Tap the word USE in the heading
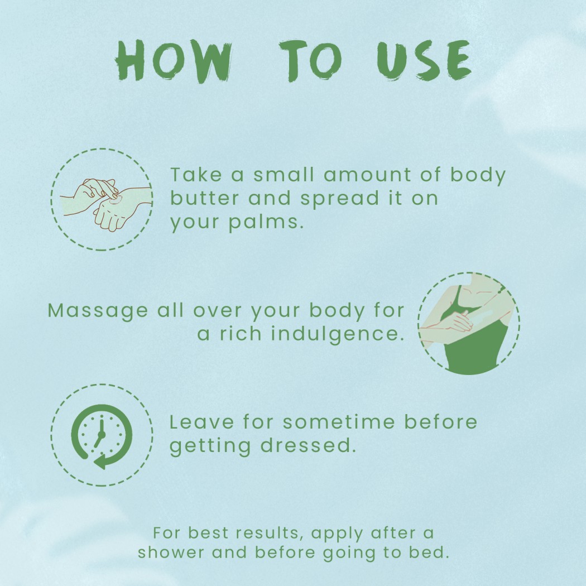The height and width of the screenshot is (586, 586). pos(424,60)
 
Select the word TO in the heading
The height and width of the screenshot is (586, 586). pos(310,60)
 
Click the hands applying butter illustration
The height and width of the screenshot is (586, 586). pos(106,204)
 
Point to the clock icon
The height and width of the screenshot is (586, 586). pos(102,436)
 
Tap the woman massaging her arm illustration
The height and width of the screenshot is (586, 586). pos(469,323)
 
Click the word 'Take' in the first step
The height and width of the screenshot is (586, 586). pos(196,175)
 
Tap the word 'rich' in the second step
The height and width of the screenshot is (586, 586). pos(241,333)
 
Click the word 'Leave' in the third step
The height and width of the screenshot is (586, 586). pos(202,422)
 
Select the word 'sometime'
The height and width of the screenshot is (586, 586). pos(339,422)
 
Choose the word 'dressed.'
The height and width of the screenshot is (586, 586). pos(308,445)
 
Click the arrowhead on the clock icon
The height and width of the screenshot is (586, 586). pos(101,462)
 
